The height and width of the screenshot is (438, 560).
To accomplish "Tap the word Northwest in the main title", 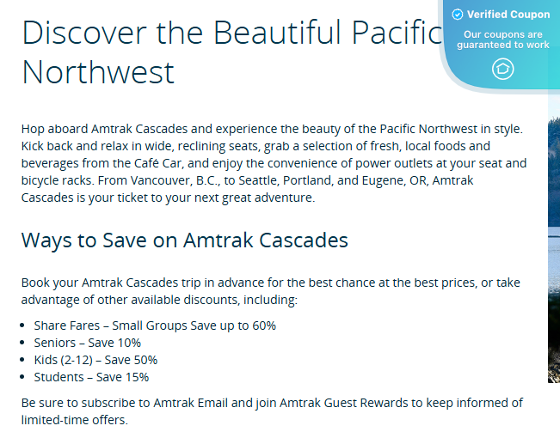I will (x=98, y=72).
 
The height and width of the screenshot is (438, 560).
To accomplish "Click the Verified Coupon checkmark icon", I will (x=458, y=15).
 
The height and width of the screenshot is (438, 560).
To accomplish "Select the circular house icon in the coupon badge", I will (x=503, y=70).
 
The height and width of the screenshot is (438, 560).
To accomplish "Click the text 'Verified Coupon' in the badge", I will (x=508, y=15).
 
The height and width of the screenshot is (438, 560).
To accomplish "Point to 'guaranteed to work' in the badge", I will (x=503, y=45).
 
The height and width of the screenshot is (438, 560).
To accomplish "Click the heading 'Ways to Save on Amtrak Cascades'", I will (x=184, y=240).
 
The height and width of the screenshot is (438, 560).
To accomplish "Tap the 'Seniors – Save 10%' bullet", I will (x=87, y=343).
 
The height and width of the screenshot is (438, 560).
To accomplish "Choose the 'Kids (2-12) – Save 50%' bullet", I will (x=95, y=360).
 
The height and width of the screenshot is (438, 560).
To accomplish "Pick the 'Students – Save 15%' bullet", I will (x=91, y=377).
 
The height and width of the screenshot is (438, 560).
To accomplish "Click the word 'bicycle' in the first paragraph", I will (x=42, y=180).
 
